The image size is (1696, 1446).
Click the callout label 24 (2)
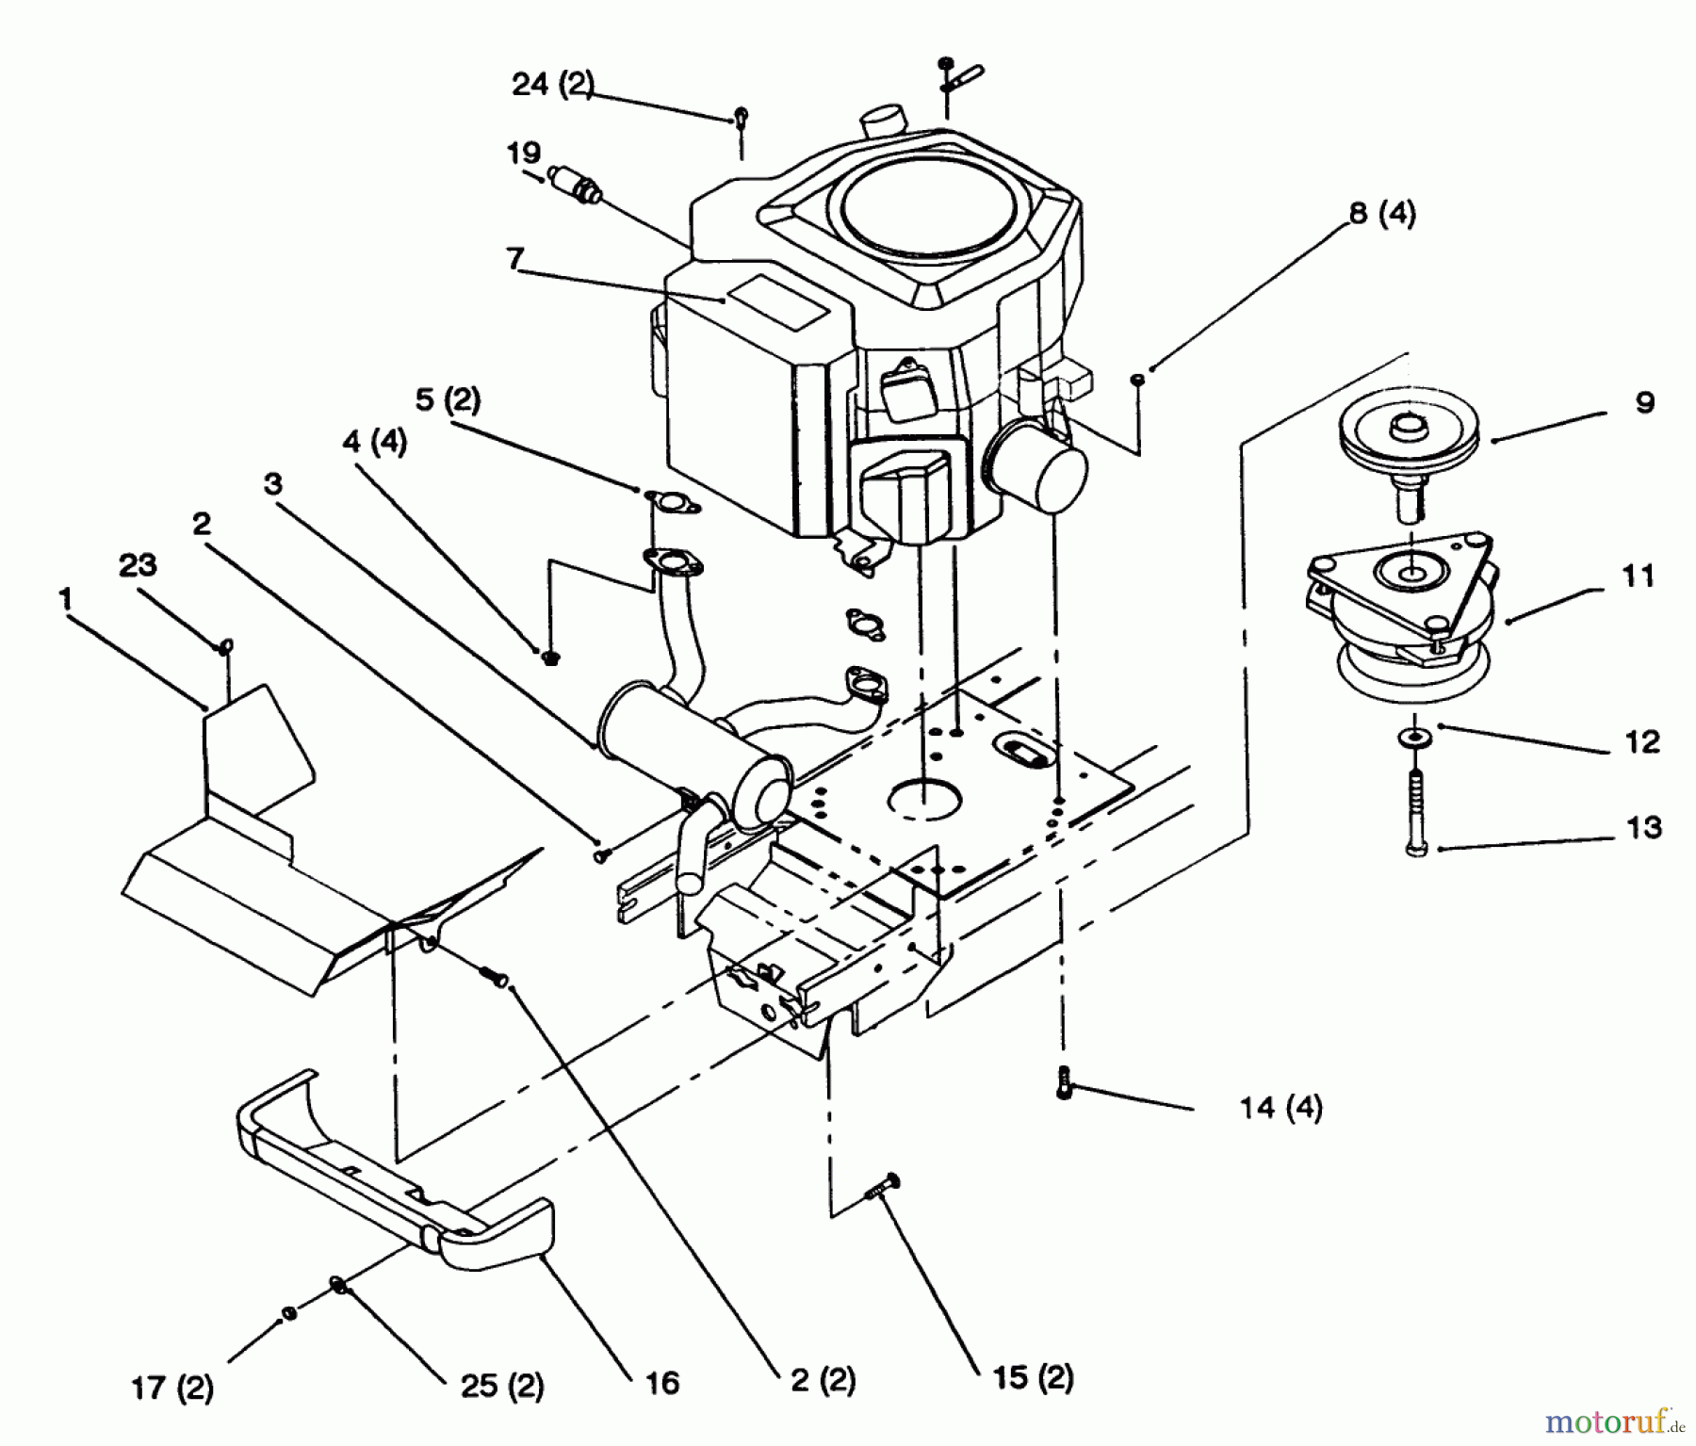coord(553,85)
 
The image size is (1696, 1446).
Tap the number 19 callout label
coord(523,153)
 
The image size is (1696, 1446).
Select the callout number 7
coord(514,258)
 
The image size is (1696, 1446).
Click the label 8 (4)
coord(1382,214)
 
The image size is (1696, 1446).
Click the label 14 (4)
coord(1280,1107)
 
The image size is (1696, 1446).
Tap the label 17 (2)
coord(171,1388)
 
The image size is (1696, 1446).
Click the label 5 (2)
coord(448,400)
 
